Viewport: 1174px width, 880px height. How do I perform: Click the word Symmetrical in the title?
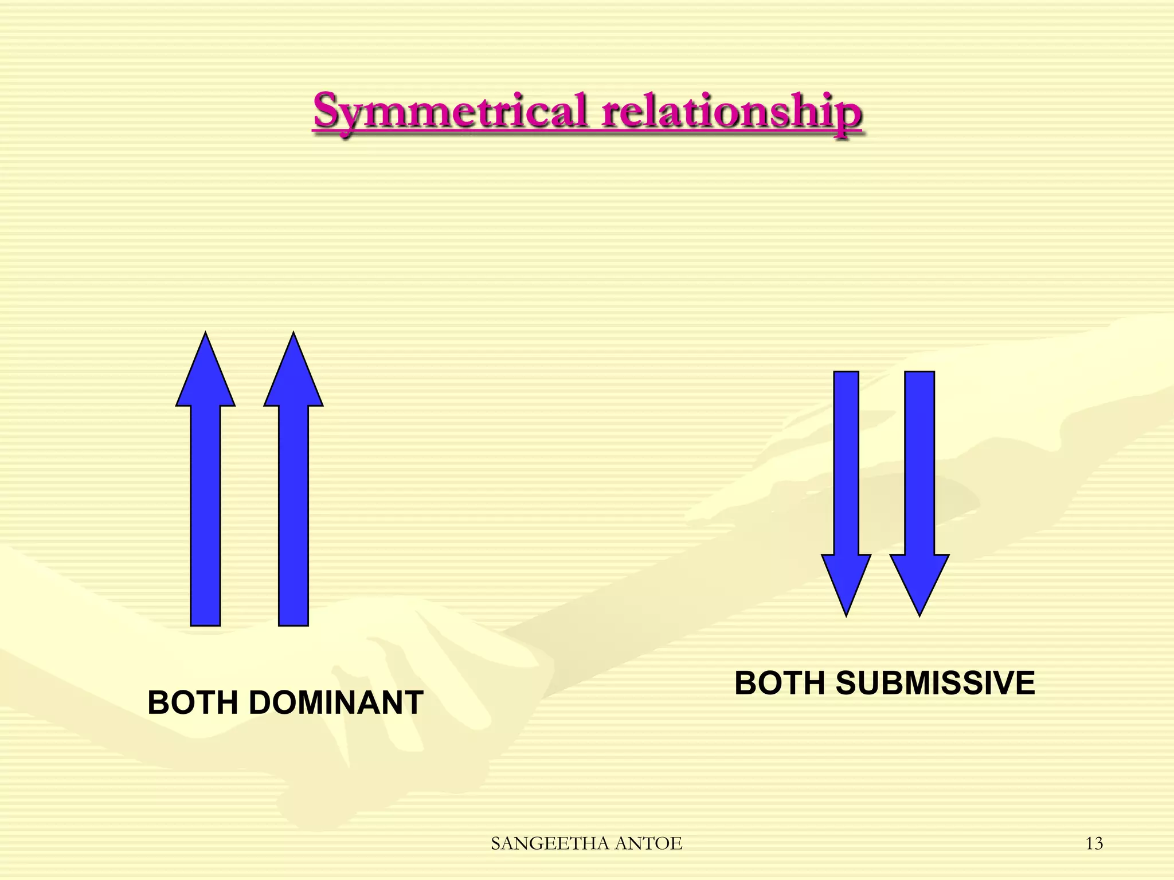click(x=451, y=111)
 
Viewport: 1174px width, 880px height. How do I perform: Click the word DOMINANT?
click(x=336, y=703)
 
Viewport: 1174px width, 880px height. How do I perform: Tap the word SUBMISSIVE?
click(x=936, y=683)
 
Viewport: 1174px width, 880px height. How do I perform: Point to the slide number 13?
click(x=1094, y=843)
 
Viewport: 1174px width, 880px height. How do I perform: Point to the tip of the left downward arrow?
click(x=846, y=614)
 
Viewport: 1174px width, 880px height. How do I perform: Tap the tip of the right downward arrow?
click(x=919, y=614)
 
